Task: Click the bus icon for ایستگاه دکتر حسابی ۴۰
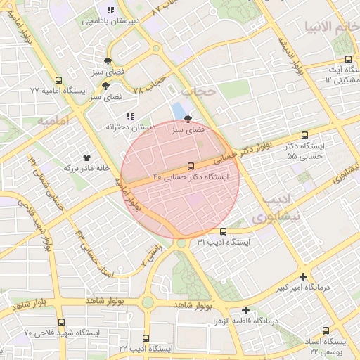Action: click(x=190, y=167)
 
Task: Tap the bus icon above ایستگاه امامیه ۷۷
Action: click(x=58, y=80)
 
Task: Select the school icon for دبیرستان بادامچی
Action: click(x=110, y=10)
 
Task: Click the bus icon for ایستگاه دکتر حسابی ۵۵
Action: click(x=304, y=135)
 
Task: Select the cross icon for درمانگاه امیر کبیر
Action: click(x=303, y=276)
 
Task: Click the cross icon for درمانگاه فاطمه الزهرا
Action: click(x=245, y=309)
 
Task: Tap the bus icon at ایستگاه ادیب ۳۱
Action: click(x=224, y=231)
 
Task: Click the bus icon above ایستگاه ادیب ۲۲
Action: click(x=146, y=338)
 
